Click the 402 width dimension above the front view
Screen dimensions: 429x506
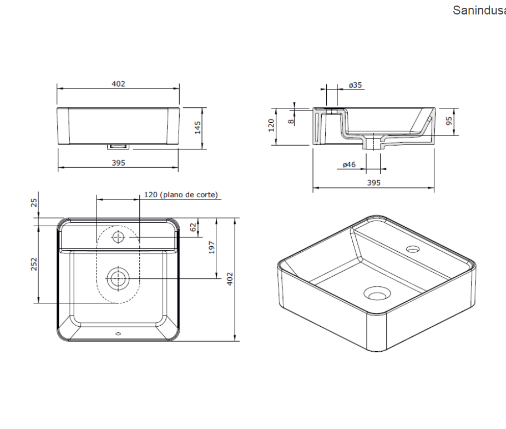click(x=118, y=84)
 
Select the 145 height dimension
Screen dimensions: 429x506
click(x=197, y=128)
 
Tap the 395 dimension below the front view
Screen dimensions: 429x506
click(x=118, y=163)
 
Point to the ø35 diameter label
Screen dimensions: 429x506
click(x=356, y=85)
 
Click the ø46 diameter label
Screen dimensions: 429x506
click(x=349, y=164)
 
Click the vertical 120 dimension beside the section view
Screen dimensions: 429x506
click(x=271, y=125)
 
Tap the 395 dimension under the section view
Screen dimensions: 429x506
click(x=373, y=183)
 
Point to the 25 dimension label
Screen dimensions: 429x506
click(x=34, y=203)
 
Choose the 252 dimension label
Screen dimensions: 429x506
click(x=34, y=263)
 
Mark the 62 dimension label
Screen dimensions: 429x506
click(x=193, y=227)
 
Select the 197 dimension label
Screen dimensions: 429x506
click(x=211, y=248)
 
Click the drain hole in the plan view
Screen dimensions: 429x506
click(x=118, y=277)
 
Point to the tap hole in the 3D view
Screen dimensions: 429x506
click(x=412, y=248)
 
